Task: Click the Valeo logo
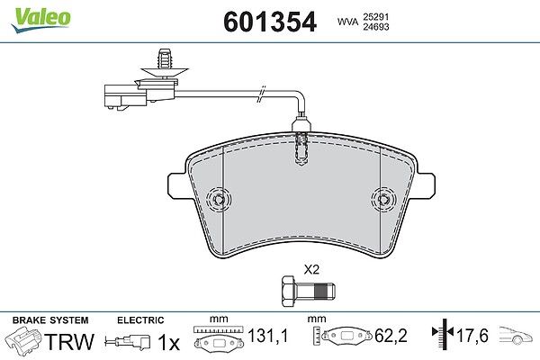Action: pos(40,20)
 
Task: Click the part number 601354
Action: pos(270,22)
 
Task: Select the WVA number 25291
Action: pos(375,16)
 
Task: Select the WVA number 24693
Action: pos(375,26)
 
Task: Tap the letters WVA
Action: pos(347,22)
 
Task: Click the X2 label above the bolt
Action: pos(311,269)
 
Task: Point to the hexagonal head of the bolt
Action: pos(288,291)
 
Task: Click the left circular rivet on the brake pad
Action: pos(219,199)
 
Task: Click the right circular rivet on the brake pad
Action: pos(383,199)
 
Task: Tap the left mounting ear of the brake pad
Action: pos(177,185)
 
